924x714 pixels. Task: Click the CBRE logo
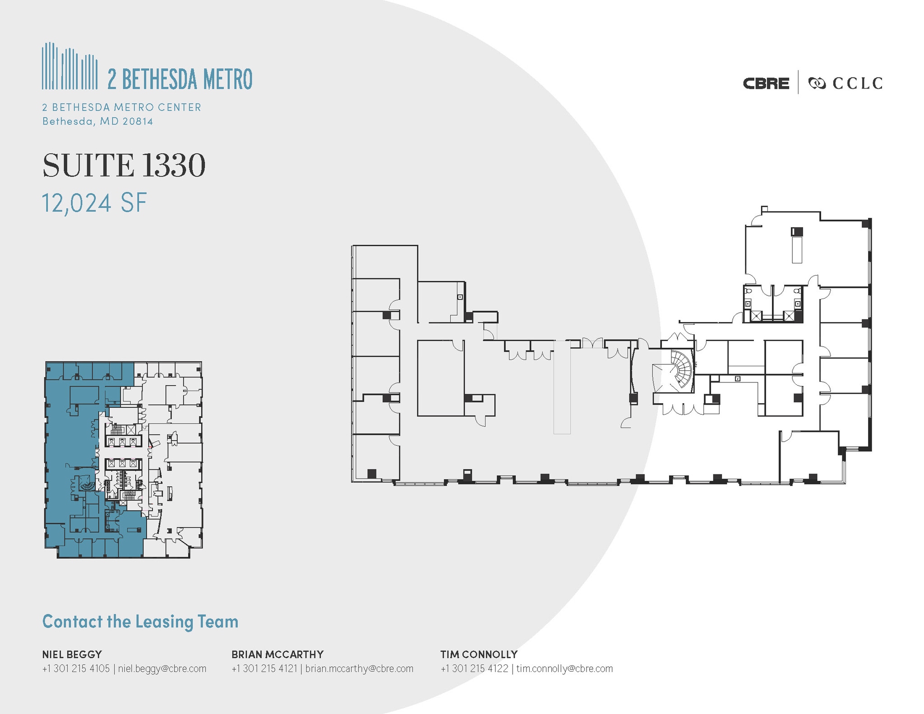click(x=766, y=83)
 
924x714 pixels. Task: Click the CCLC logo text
click(x=858, y=83)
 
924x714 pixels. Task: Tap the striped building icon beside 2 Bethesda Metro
click(x=69, y=66)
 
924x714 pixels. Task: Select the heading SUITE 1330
click(x=124, y=165)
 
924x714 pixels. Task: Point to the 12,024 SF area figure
click(x=94, y=203)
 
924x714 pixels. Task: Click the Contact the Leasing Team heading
click(x=140, y=621)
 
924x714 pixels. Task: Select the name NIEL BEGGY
click(x=72, y=654)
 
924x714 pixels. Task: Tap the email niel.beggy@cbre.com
click(x=162, y=668)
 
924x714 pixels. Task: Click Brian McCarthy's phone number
click(x=265, y=668)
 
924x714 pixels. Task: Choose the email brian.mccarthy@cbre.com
click(x=360, y=668)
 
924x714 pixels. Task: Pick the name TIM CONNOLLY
click(x=479, y=654)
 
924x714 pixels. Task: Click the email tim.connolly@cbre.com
click(x=564, y=668)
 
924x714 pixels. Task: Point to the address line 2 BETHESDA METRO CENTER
click(x=122, y=107)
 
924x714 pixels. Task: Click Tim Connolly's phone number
click(x=475, y=668)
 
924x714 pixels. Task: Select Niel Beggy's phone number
click(x=76, y=668)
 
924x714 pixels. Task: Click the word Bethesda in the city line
click(x=68, y=121)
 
